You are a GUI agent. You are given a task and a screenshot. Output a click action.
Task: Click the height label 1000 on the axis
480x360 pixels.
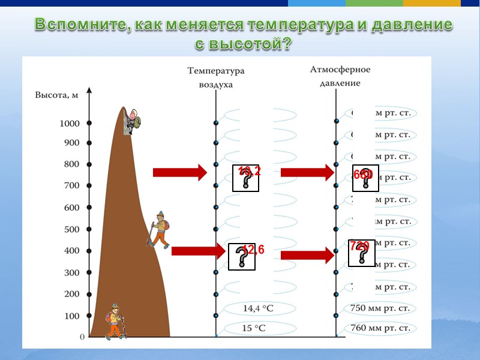tap(70, 124)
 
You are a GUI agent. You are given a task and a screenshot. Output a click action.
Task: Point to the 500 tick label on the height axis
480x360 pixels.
tap(71, 229)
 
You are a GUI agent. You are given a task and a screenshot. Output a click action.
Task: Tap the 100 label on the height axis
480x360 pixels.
tap(71, 316)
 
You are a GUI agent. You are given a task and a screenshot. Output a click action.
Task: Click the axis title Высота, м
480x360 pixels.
tap(56, 95)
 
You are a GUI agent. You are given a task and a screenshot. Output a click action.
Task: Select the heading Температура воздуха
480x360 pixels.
tap(216, 77)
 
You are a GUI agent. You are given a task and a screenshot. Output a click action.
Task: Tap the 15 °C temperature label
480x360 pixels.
tap(254, 329)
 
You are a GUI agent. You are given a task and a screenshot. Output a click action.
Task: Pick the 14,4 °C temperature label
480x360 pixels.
tap(258, 308)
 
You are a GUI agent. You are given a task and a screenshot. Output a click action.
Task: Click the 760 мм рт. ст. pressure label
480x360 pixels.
tap(380, 329)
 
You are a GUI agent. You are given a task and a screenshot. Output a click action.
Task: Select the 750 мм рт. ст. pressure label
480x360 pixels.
tap(380, 308)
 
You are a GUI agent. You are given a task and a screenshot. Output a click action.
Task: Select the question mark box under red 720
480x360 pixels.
tap(362, 253)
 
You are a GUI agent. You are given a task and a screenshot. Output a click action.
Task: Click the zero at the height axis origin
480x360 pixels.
tap(82, 337)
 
